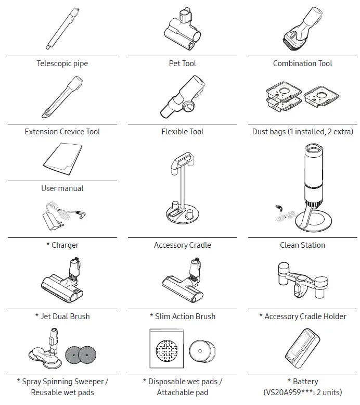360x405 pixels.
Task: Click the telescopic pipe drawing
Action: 61,29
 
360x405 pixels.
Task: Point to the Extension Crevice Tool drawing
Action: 62,97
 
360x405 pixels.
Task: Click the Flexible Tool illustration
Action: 182,97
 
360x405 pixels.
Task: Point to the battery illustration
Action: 303,349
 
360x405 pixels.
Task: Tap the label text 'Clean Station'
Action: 302,245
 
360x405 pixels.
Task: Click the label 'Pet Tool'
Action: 182,64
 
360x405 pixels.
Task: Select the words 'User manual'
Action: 62,188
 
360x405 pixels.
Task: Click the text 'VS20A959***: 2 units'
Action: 303,392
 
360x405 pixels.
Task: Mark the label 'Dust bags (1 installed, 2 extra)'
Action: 302,132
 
